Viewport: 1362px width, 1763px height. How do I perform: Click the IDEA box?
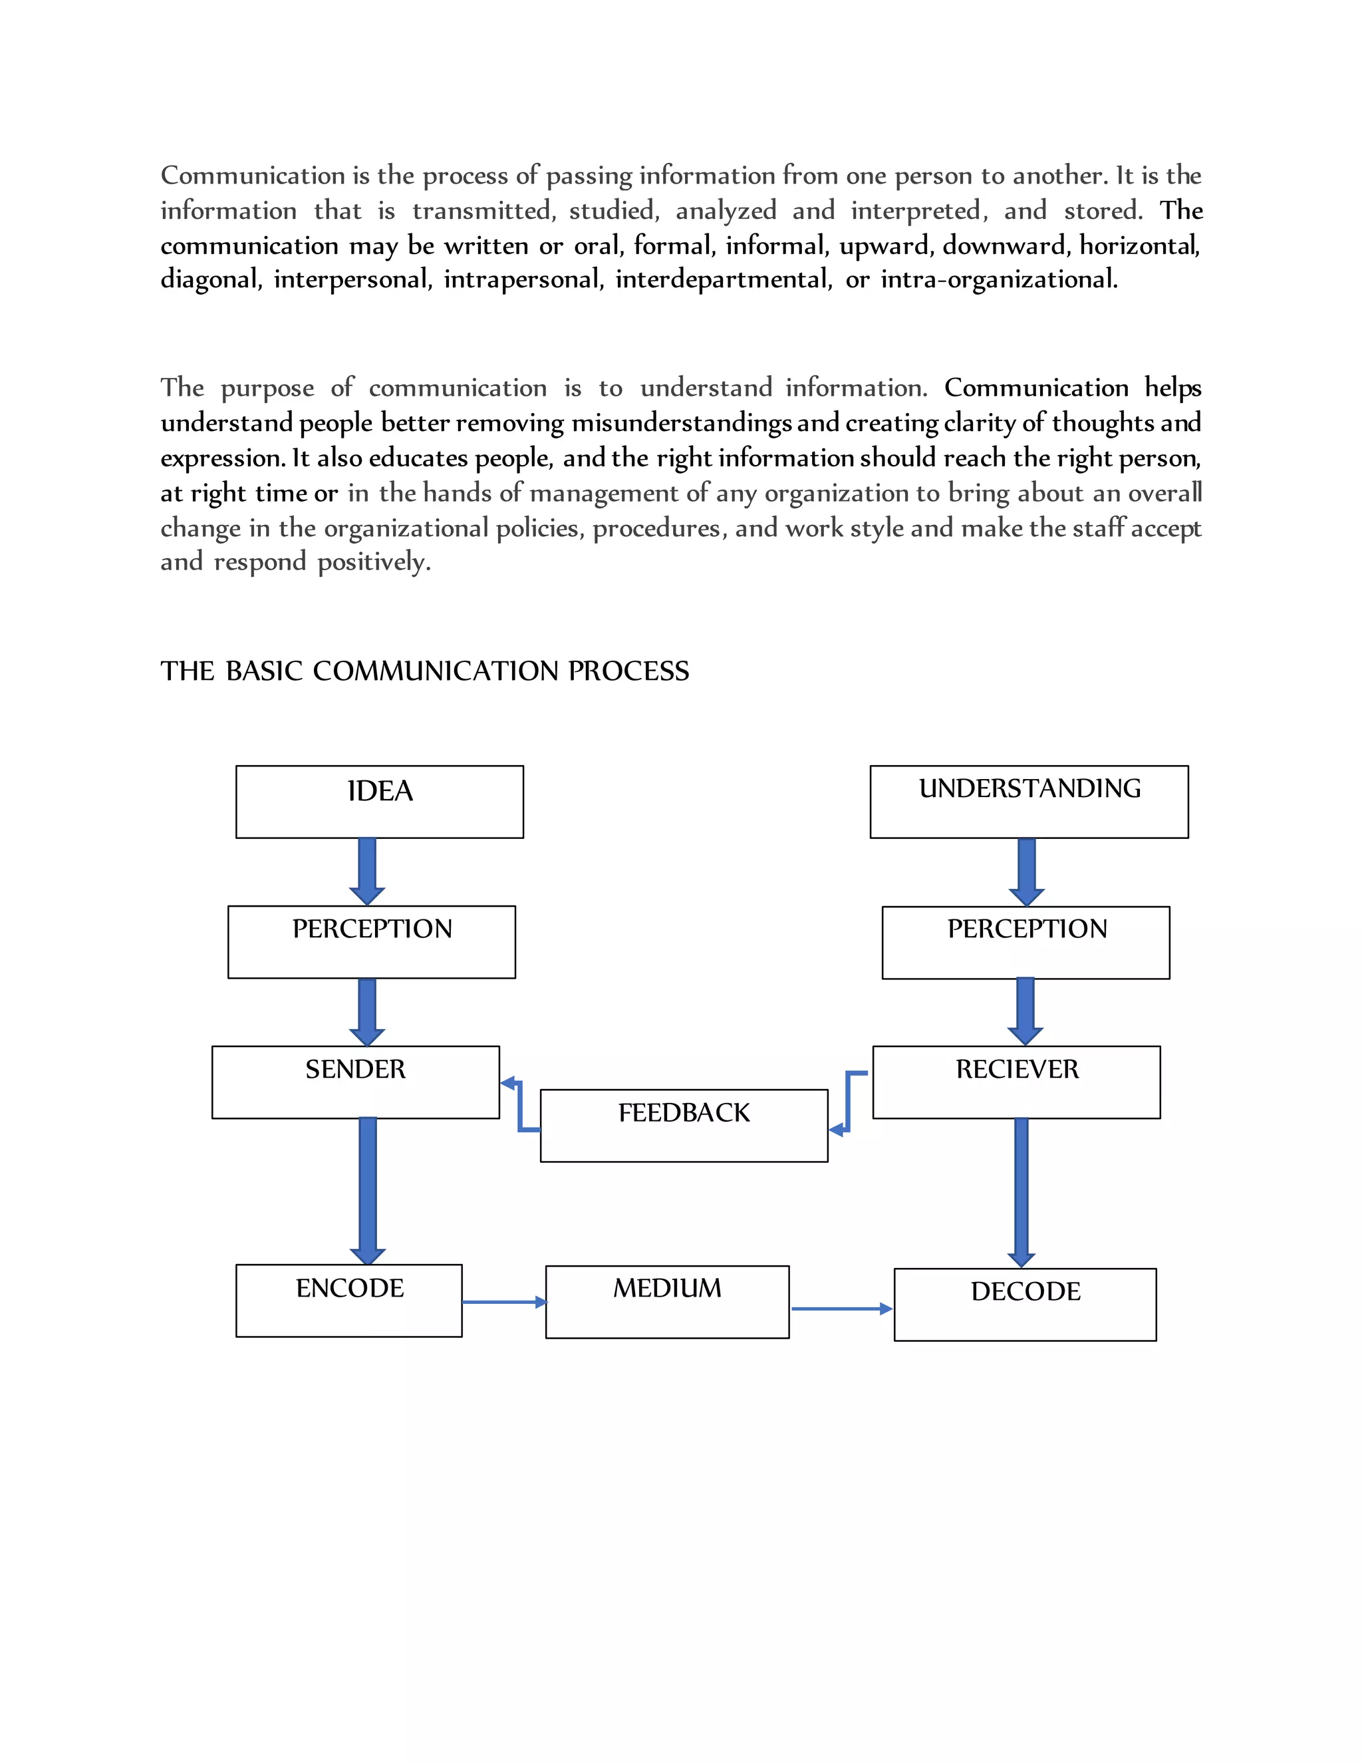[x=379, y=802]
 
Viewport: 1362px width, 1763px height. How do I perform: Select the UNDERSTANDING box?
[x=1029, y=802]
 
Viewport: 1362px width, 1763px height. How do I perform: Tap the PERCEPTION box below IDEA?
[x=371, y=942]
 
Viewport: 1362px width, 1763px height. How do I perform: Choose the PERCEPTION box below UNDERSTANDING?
[x=1025, y=943]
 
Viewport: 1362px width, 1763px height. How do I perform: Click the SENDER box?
[x=355, y=1082]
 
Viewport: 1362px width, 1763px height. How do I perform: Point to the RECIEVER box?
[x=1016, y=1082]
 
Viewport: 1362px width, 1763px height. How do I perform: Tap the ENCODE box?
[x=348, y=1301]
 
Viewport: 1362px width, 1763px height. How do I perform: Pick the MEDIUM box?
[x=667, y=1301]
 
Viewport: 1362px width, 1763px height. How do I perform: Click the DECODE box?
[x=1025, y=1305]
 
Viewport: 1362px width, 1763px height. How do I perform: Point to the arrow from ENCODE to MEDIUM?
[x=504, y=1302]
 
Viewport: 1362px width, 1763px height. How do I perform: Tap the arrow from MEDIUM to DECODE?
[x=841, y=1309]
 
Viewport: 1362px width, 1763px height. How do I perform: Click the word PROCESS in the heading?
[x=628, y=671]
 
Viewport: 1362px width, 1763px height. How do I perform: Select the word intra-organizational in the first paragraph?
[x=999, y=279]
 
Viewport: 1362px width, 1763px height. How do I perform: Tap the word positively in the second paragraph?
[x=374, y=562]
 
